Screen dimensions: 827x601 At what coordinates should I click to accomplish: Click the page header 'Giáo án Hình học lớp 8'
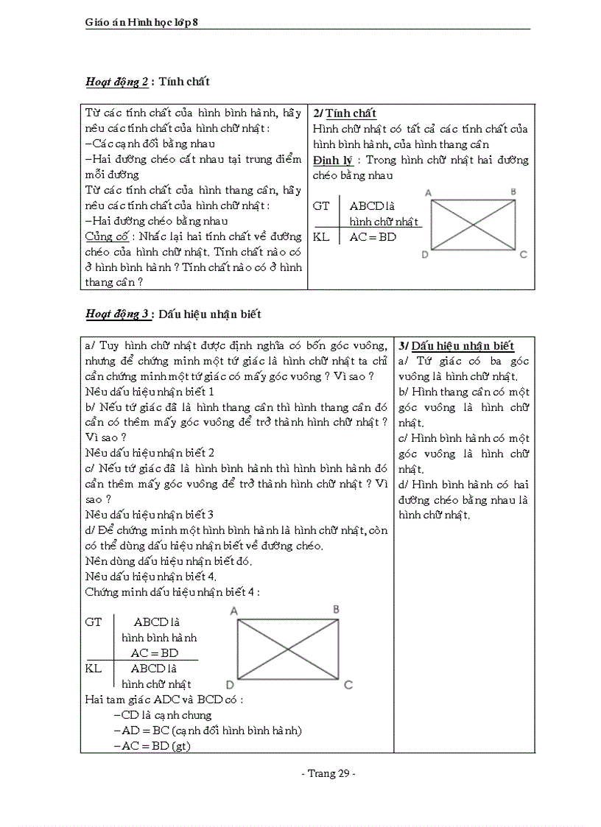(x=141, y=23)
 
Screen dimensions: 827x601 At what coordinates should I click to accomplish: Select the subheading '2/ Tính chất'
(x=345, y=113)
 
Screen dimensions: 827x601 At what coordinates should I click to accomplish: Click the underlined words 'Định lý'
(x=333, y=160)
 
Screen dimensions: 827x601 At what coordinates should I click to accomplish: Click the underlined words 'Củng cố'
(x=107, y=236)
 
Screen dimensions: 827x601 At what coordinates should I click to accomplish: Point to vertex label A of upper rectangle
(x=428, y=192)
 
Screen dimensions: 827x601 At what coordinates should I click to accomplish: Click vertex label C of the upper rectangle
(x=523, y=255)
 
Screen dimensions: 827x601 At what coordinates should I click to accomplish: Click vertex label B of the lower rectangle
(x=336, y=609)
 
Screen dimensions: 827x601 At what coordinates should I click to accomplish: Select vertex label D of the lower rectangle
(x=231, y=685)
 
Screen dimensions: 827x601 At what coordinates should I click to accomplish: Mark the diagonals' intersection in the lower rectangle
(x=287, y=649)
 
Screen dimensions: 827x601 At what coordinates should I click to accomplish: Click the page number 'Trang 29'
(x=328, y=773)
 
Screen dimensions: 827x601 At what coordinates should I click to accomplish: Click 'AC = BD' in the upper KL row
(x=373, y=237)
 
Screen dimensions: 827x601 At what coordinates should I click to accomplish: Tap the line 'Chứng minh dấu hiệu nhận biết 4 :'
(x=172, y=591)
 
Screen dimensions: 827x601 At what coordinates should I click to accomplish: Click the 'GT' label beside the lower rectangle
(x=94, y=622)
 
